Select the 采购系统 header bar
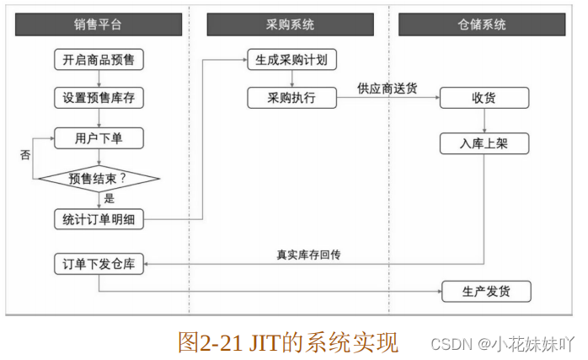291,25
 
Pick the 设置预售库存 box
99,98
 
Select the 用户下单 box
99,138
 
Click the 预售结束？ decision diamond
99,178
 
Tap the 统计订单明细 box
99,219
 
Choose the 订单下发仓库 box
99,264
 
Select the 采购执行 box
291,98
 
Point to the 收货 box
484,98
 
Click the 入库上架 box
484,144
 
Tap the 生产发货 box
486,292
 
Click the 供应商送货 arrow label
387,87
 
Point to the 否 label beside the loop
24,156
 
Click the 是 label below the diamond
109,199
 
